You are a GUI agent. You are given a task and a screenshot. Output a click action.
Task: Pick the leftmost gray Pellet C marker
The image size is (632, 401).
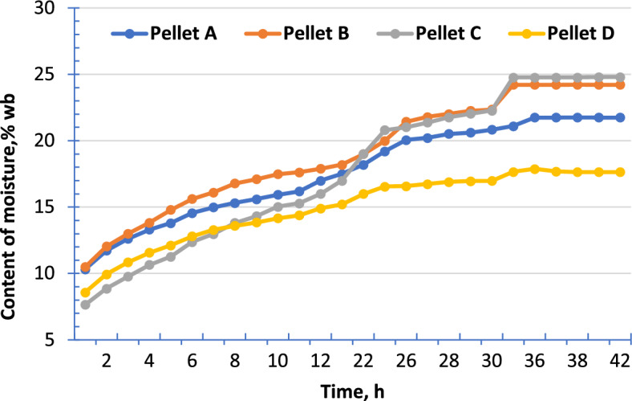(85, 305)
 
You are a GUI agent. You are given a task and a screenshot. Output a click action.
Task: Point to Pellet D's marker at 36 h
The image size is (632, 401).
(534, 169)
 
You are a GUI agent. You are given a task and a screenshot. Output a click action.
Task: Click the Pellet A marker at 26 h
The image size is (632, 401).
(406, 140)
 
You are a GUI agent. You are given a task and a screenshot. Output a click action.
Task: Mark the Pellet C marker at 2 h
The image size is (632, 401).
(106, 288)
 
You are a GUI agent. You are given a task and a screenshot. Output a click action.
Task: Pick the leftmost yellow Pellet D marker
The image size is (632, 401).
(85, 293)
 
